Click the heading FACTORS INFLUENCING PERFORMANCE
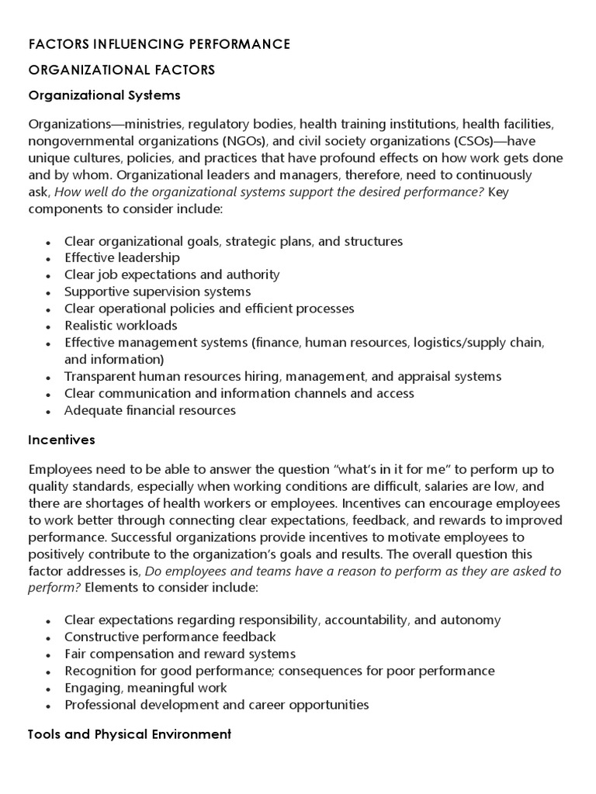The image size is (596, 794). pyautogui.click(x=159, y=44)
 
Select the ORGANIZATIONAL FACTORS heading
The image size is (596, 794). pyautogui.click(x=122, y=70)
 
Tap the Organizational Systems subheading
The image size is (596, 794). pyautogui.click(x=104, y=95)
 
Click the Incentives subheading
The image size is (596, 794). pyautogui.click(x=61, y=440)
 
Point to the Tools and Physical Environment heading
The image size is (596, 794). pyautogui.click(x=130, y=734)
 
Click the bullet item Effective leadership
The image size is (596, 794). pyautogui.click(x=122, y=257)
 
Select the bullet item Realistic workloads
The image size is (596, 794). pyautogui.click(x=120, y=325)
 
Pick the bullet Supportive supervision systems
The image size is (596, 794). pyautogui.click(x=158, y=292)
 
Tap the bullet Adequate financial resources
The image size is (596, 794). pyautogui.click(x=150, y=410)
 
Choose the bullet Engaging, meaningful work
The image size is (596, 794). pyautogui.click(x=146, y=688)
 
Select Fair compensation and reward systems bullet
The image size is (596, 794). pyautogui.click(x=180, y=654)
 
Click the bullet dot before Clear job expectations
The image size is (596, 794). pyautogui.click(x=48, y=276)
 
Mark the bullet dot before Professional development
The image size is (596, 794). pyautogui.click(x=48, y=706)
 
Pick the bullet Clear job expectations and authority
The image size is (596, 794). pyautogui.click(x=172, y=274)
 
